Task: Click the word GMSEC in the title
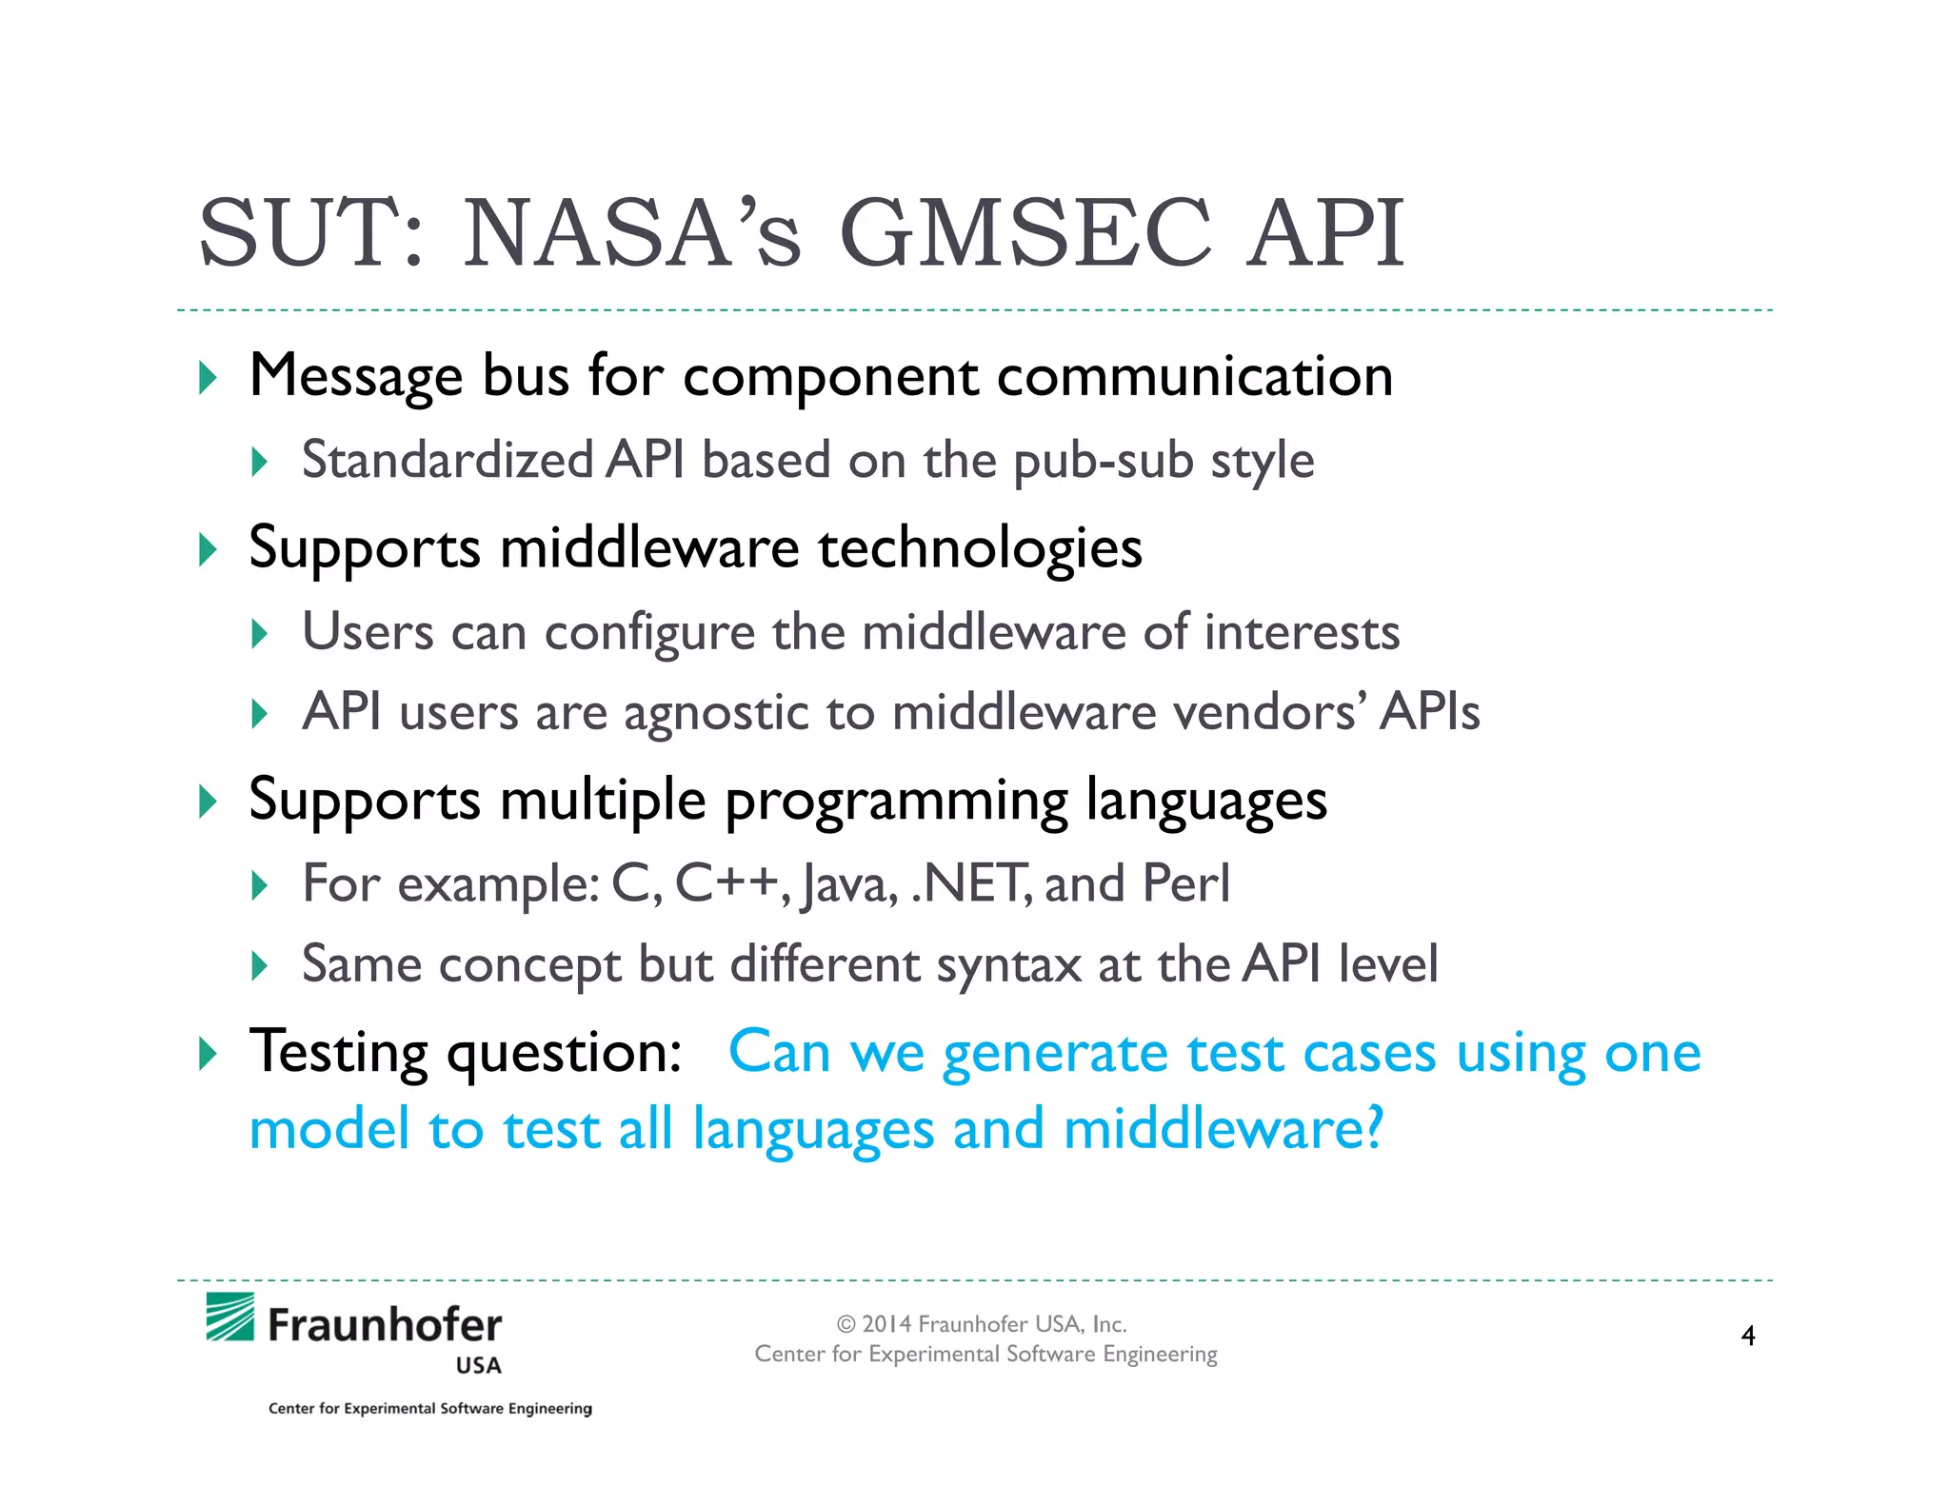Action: (1025, 233)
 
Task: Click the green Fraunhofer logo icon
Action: (230, 1317)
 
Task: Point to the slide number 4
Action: (1748, 1336)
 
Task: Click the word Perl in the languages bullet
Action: (1185, 883)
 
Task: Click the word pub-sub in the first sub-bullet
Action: (1103, 462)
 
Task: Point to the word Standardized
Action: (448, 461)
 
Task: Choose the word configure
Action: (649, 633)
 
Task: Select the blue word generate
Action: (1055, 1054)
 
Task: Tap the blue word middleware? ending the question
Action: (1224, 1130)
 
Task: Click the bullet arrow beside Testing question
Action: (209, 1054)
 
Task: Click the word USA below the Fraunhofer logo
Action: (478, 1366)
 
